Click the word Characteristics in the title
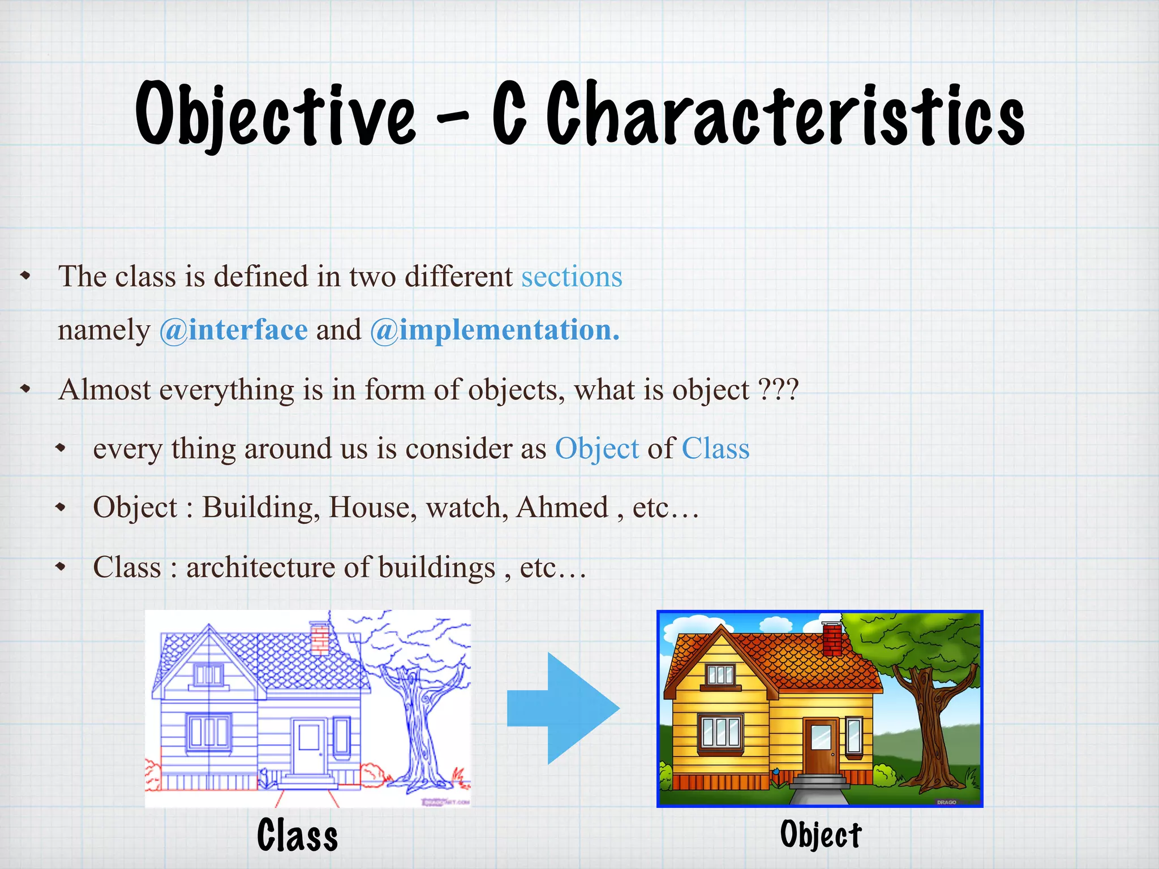pyautogui.click(x=785, y=114)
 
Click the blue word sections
pyautogui.click(x=572, y=277)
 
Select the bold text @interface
pyautogui.click(x=234, y=330)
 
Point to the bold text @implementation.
pyautogui.click(x=495, y=330)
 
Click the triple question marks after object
pyautogui.click(x=778, y=390)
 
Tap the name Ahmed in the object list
pyautogui.click(x=562, y=507)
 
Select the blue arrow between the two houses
pyautogui.click(x=563, y=708)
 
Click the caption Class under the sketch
pyautogui.click(x=297, y=835)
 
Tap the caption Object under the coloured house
pyautogui.click(x=821, y=835)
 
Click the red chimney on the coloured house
pyautogui.click(x=832, y=638)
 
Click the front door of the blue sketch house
pyautogui.click(x=309, y=746)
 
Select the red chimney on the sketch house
pyautogui.click(x=320, y=638)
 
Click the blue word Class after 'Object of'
pyautogui.click(x=715, y=449)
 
